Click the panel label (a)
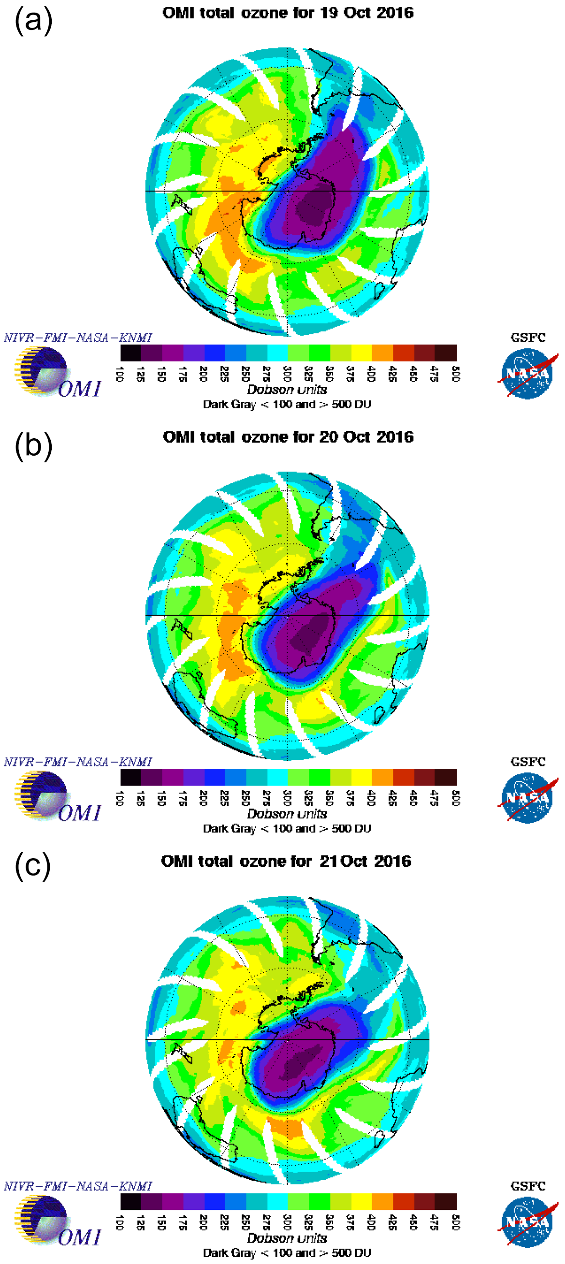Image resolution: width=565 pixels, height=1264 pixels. tap(33, 22)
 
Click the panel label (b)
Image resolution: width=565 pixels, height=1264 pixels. tap(33, 446)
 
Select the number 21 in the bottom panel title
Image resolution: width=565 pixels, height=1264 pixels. tap(328, 861)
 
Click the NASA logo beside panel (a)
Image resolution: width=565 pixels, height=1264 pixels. tap(528, 373)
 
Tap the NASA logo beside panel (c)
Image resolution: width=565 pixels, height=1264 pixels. tap(528, 1222)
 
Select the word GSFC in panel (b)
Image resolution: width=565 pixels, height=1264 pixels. tap(528, 761)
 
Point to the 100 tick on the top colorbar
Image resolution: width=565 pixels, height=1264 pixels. tap(119, 373)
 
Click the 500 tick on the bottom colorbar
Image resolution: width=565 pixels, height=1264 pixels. tap(456, 1222)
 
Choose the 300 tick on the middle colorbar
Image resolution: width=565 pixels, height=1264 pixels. tap(288, 798)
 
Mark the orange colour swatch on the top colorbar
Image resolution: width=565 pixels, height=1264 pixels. tap(382, 353)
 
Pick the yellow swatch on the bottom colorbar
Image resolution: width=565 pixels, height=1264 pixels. tap(362, 1201)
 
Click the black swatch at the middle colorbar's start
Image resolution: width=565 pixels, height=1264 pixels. tap(130, 777)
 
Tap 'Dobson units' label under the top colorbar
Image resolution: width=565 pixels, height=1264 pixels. tap(287, 389)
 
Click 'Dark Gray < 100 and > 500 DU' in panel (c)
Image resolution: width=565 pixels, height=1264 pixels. tap(287, 1253)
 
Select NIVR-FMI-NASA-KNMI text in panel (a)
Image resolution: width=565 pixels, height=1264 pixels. tap(77, 338)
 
